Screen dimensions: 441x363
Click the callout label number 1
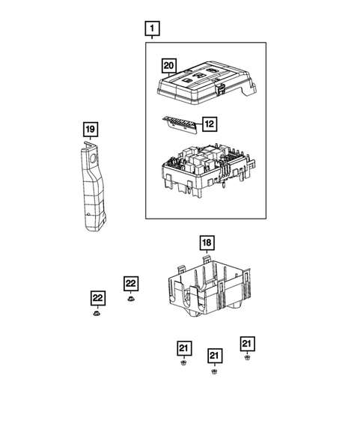(x=153, y=31)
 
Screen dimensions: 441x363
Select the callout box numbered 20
(x=169, y=66)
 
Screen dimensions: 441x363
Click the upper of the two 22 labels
(x=131, y=283)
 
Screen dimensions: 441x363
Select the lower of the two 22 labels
(x=97, y=298)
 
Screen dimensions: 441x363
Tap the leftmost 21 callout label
(x=184, y=347)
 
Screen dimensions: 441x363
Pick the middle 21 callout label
(x=215, y=355)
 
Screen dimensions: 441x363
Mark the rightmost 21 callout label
(x=247, y=343)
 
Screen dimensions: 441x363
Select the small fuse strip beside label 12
(x=180, y=121)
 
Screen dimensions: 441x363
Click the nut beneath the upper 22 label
(x=131, y=299)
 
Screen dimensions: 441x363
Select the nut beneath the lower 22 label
(x=97, y=314)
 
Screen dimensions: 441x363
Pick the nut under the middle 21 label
(x=215, y=371)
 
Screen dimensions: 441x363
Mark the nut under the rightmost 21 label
(x=247, y=358)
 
